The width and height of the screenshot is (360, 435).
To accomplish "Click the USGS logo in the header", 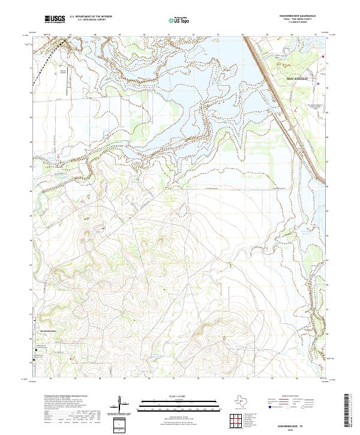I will pyautogui.click(x=55, y=19).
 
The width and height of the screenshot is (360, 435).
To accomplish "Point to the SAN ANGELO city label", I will pyautogui.click(x=297, y=79).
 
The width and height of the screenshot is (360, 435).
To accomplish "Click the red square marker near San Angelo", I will pyautogui.click(x=323, y=58).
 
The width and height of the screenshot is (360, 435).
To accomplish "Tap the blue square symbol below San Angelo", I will pyautogui.click(x=319, y=84).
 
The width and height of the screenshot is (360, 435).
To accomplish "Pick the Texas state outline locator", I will pyautogui.click(x=246, y=401).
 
